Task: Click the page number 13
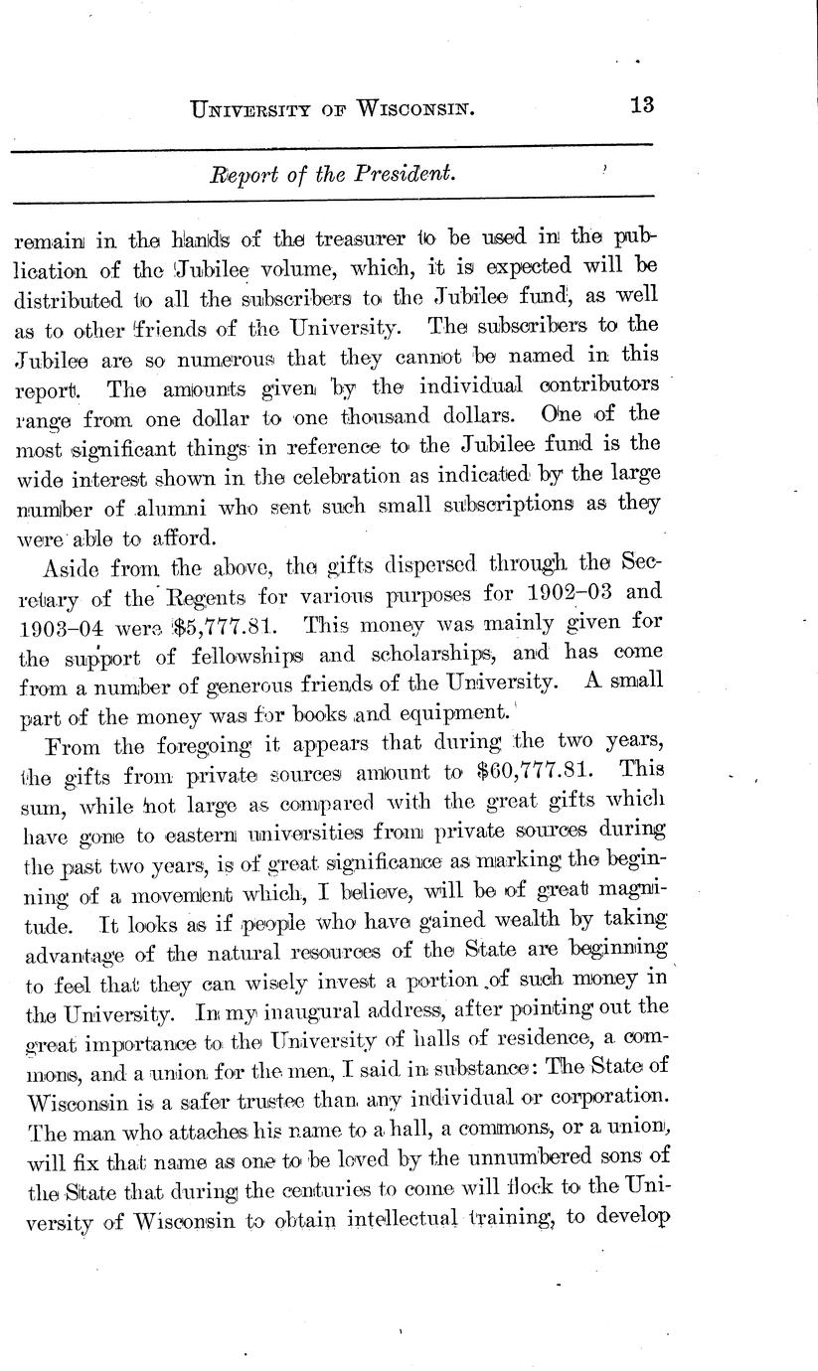tap(642, 104)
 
